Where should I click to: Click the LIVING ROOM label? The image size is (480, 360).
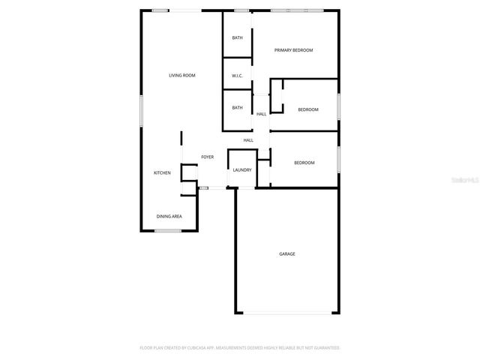(x=182, y=75)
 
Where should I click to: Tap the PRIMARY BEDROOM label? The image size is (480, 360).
(x=293, y=50)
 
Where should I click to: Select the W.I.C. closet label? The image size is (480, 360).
(x=237, y=75)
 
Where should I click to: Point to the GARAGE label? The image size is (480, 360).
(x=287, y=254)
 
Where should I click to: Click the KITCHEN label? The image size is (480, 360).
(x=162, y=173)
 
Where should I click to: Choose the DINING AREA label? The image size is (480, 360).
(x=169, y=217)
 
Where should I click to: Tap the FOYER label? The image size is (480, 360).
(x=207, y=157)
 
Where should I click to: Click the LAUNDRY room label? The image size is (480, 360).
(x=241, y=170)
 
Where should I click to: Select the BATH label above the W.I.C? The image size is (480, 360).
(x=237, y=37)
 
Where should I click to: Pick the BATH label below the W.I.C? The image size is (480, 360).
(x=237, y=107)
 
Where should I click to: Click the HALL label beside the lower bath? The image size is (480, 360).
(x=262, y=114)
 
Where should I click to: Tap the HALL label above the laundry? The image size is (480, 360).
(x=248, y=140)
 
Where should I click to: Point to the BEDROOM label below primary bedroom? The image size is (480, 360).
(x=308, y=109)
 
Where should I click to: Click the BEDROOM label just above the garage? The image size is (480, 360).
(x=304, y=163)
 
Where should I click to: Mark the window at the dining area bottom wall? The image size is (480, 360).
(x=167, y=231)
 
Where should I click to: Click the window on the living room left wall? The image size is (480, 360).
(x=141, y=109)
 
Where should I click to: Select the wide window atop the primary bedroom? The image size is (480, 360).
(x=297, y=10)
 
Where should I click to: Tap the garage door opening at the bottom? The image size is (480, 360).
(x=287, y=313)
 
